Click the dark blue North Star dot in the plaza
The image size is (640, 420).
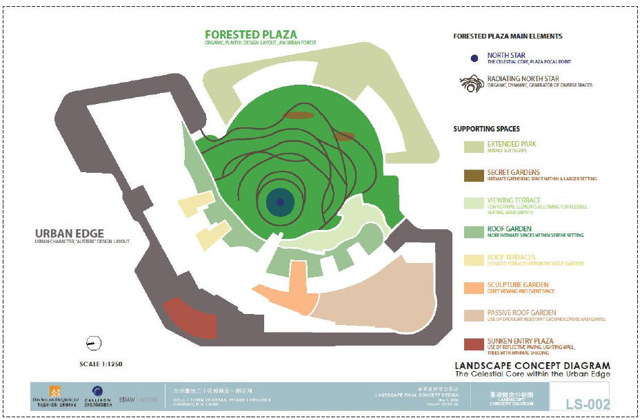click(x=280, y=202)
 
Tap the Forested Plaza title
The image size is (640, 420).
click(x=251, y=34)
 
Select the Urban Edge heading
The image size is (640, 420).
click(x=73, y=234)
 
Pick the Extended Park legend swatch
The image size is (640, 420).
click(x=473, y=147)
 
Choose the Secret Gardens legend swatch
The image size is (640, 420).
click(x=473, y=175)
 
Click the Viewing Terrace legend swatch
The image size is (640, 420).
click(x=473, y=203)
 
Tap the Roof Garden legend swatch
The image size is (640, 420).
click(x=473, y=231)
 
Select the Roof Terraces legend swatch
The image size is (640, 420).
click(x=473, y=260)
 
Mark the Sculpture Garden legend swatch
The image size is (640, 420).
click(x=473, y=287)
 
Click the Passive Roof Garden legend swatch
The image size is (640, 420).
click(x=473, y=315)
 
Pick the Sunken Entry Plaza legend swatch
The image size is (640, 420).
click(x=473, y=344)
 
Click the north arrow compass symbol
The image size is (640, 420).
click(x=94, y=342)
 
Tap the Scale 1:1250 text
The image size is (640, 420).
click(x=102, y=363)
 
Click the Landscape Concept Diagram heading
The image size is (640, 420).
click(x=532, y=366)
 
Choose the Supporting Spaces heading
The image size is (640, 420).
click(x=486, y=129)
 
